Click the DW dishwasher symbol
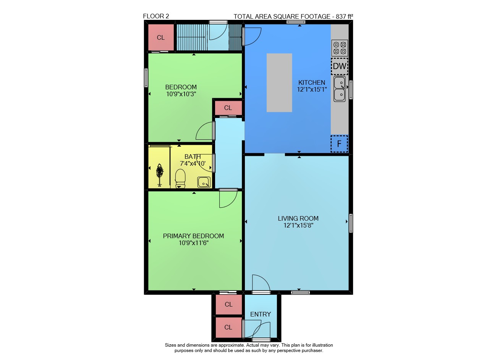pos(340,66)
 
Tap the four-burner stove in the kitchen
pos(340,48)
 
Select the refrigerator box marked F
pos(339,144)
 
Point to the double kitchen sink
pos(340,89)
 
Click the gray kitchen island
pos(279,83)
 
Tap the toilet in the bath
pos(180,178)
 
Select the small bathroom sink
pos(204,182)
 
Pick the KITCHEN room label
pos(312,83)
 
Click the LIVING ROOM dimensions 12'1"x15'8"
pos(298,225)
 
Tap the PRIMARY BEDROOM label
pos(193,236)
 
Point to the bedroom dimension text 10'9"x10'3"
pos(181,94)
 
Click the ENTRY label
pos(261,315)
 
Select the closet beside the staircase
pos(161,37)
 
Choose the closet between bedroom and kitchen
pos(228,108)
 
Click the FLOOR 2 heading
pos(156,16)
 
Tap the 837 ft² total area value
pos(344,16)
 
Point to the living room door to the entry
pos(261,283)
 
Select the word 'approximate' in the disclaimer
pos(232,345)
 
